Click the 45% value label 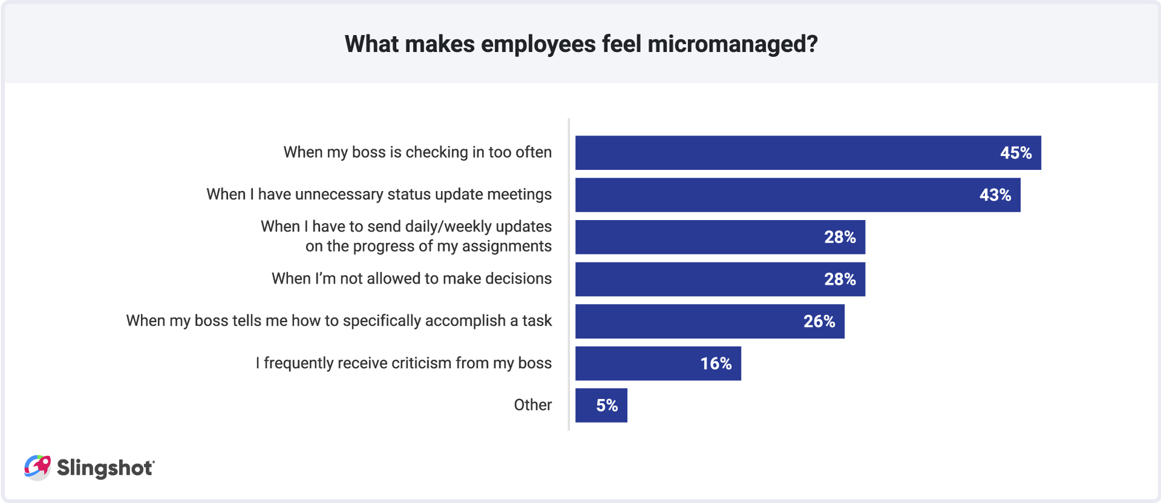click(x=1015, y=153)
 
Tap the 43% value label click(x=995, y=195)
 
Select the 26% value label click(x=819, y=322)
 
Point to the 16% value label click(x=715, y=363)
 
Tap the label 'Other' click(x=532, y=405)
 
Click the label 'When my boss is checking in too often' click(x=417, y=152)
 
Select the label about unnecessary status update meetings click(x=379, y=194)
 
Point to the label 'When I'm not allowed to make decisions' click(x=411, y=279)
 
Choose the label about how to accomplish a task click(x=339, y=321)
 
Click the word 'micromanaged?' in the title click(x=732, y=44)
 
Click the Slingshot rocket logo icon click(x=37, y=467)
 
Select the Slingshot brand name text click(x=105, y=468)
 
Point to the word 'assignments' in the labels click(x=507, y=246)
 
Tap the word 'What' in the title click(x=371, y=44)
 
